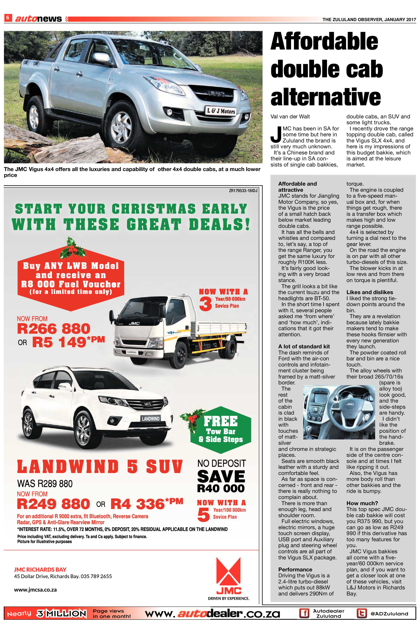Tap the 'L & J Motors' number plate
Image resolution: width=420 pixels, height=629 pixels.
[x=221, y=111]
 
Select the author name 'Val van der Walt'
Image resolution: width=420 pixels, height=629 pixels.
[x=290, y=117]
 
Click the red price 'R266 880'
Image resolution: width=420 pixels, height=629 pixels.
[x=54, y=329]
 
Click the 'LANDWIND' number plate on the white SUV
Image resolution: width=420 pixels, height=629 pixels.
[x=151, y=419]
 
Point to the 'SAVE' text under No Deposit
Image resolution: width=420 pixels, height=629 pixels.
[x=221, y=477]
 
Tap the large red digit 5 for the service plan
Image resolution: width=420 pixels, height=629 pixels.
[x=203, y=514]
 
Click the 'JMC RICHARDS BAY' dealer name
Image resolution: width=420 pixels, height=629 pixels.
[x=40, y=569]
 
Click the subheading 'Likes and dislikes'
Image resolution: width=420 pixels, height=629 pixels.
[x=369, y=292]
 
